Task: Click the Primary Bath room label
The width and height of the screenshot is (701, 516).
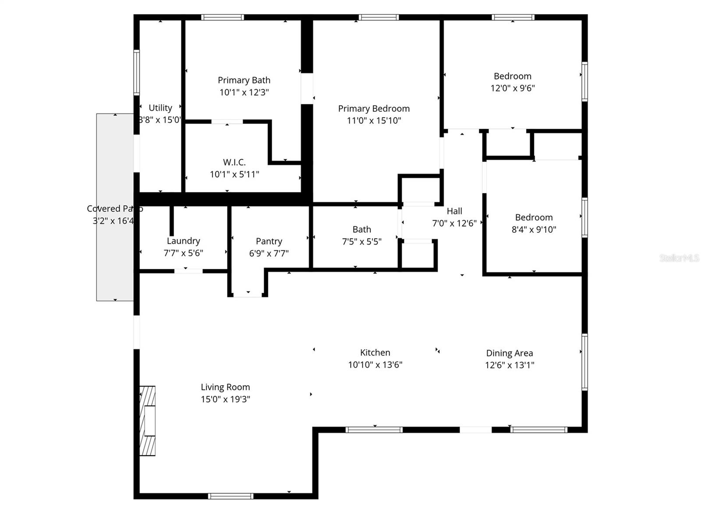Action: tap(244, 80)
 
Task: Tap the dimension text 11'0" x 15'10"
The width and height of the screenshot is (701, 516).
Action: tap(374, 120)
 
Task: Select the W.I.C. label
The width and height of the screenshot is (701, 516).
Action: tap(234, 162)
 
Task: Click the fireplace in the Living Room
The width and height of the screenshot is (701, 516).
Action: tap(147, 421)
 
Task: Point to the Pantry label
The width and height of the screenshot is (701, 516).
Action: tap(269, 241)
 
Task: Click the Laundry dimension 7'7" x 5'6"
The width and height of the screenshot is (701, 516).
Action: tap(183, 253)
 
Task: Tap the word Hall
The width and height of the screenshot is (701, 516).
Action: tap(454, 211)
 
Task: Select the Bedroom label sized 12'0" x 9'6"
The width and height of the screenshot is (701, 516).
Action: tap(512, 76)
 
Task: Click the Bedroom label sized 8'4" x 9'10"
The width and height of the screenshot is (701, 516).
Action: tap(534, 218)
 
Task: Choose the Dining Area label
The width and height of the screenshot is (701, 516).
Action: tap(510, 353)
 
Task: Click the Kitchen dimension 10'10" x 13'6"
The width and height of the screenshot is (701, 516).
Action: tap(375, 365)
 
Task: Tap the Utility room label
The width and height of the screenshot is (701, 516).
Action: tap(160, 108)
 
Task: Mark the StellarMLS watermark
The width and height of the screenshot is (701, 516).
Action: tap(679, 258)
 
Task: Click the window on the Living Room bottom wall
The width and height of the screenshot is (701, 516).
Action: tap(230, 496)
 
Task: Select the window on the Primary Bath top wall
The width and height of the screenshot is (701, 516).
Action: tap(223, 18)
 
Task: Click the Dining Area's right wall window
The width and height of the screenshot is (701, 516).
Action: tap(584, 362)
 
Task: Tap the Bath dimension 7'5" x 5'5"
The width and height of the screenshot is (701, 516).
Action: tap(361, 241)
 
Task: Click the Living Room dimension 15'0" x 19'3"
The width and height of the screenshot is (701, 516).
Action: tap(225, 399)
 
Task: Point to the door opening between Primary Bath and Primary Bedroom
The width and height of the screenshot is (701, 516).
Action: tap(307, 88)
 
